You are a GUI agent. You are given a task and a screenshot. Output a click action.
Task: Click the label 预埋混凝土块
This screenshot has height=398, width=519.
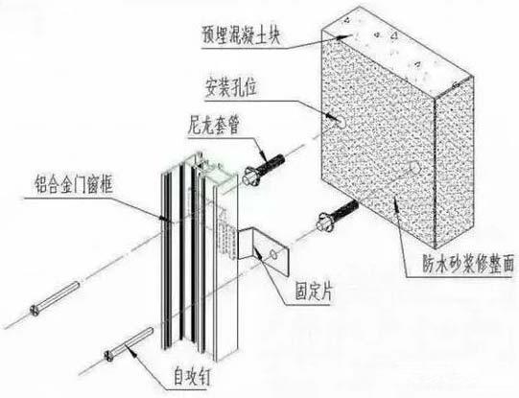click(241, 35)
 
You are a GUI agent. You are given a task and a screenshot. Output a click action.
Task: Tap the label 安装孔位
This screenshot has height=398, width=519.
click(231, 87)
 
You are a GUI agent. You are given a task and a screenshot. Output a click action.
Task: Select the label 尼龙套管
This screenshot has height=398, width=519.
click(213, 125)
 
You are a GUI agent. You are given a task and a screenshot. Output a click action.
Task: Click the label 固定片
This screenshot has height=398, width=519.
click(314, 292)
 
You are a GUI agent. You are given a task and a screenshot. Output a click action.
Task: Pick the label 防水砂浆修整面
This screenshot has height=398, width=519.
click(468, 264)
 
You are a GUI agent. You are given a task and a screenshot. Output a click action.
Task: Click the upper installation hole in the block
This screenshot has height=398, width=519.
click(341, 123)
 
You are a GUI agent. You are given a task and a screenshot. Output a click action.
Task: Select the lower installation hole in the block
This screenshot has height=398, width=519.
click(414, 168)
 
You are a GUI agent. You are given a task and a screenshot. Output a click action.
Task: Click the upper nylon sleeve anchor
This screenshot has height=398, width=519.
click(264, 170)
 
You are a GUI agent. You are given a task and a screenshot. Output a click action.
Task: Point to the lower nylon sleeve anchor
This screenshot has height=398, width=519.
click(338, 215)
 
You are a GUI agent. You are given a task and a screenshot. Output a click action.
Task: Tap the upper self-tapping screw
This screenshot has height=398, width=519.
click(55, 298)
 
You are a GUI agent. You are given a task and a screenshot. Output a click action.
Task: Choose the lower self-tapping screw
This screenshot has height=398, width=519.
click(129, 344)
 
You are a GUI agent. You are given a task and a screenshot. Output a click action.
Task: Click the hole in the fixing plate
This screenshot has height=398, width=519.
click(274, 254)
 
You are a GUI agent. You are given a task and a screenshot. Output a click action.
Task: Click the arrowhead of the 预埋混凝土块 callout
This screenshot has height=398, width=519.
click(341, 37)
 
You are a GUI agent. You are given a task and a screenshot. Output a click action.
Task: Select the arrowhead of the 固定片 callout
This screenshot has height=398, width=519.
click(259, 254)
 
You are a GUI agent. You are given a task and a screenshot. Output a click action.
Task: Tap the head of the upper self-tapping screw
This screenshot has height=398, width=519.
click(35, 311)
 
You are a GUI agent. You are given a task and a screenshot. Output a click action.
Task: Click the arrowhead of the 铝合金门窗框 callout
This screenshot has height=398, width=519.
click(163, 218)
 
